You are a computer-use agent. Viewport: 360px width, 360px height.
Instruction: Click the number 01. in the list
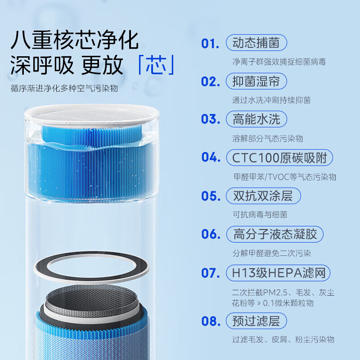(210, 43)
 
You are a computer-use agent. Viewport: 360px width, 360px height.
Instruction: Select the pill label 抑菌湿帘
(256, 81)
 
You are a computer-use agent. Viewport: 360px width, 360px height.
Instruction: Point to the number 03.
(210, 119)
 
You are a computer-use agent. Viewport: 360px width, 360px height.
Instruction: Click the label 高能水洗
(256, 119)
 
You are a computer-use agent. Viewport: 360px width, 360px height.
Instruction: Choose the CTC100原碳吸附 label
(279, 157)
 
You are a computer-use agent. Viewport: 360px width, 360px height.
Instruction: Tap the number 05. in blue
(210, 196)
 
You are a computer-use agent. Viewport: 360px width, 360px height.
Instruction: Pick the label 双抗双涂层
(263, 196)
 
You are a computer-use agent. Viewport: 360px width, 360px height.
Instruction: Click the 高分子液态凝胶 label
(274, 234)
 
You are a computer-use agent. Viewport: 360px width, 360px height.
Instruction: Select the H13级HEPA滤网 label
(278, 273)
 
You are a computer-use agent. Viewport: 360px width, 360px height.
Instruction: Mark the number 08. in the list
(210, 321)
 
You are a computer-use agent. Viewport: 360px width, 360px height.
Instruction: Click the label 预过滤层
(256, 321)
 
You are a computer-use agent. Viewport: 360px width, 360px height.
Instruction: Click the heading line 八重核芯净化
(74, 40)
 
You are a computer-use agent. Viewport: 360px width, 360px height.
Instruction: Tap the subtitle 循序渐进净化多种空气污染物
(64, 88)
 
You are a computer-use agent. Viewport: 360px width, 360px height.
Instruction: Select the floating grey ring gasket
(91, 270)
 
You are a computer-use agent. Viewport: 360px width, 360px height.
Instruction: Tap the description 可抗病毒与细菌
(260, 215)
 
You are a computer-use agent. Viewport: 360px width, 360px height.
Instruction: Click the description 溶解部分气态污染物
(267, 138)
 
